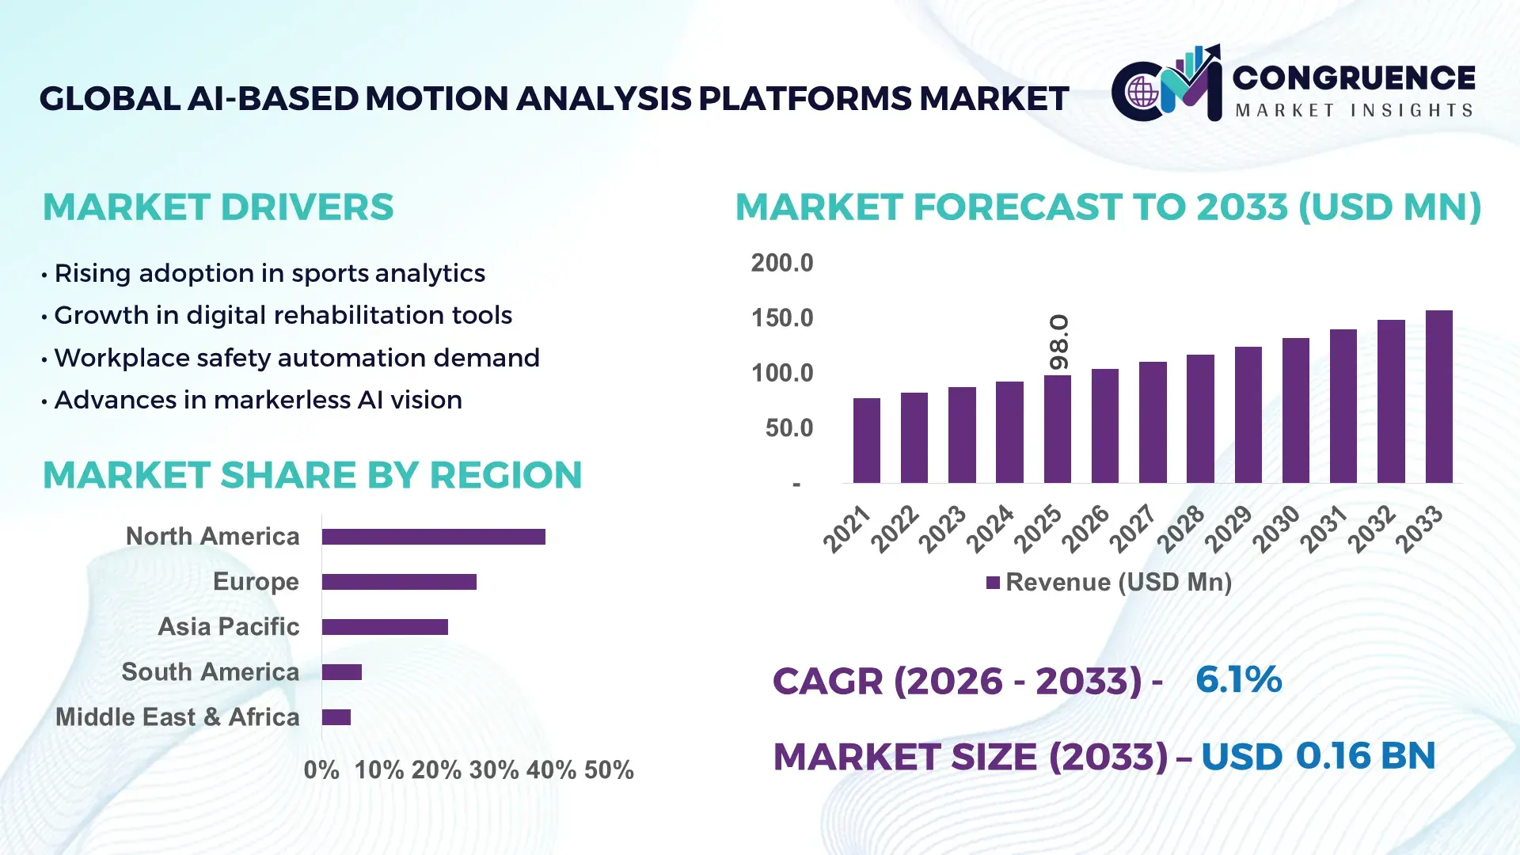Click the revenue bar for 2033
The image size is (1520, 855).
point(1438,397)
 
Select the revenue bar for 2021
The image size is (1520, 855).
point(866,441)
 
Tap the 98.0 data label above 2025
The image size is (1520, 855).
point(1058,343)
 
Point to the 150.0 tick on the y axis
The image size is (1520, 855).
point(781,318)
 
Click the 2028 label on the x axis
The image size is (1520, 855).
point(1181,528)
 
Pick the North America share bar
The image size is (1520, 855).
point(433,537)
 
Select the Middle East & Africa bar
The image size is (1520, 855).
point(336,717)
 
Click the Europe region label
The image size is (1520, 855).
point(256,582)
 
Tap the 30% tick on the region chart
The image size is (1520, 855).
point(494,770)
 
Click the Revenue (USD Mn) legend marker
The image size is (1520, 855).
point(993,583)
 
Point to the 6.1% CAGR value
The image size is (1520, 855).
point(1238,680)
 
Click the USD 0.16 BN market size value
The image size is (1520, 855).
point(1318,756)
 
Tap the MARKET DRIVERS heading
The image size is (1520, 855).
point(218,207)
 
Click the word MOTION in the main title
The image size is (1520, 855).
point(438,99)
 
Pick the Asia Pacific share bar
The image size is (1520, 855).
point(385,627)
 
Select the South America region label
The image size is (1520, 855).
point(210,672)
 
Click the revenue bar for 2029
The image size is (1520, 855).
point(1248,415)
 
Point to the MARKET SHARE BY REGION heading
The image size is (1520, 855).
point(312,476)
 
